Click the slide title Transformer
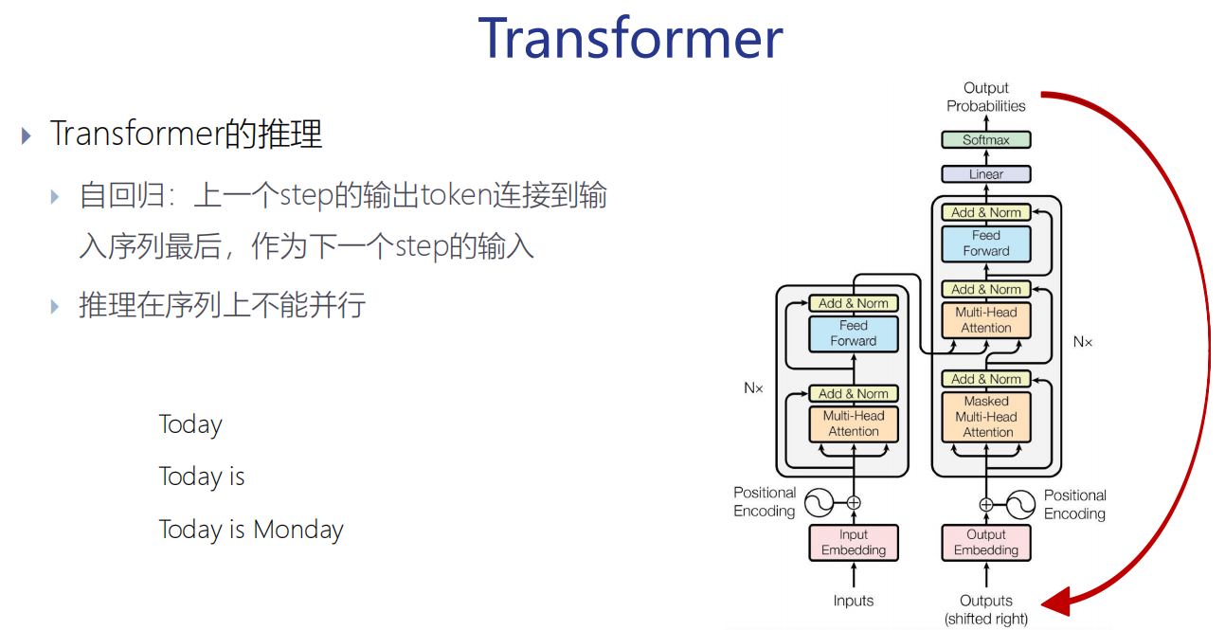tap(630, 38)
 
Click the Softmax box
tap(985, 140)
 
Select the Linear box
tap(985, 174)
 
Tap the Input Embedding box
tap(854, 543)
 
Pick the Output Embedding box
tap(985, 543)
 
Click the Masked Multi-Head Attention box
tap(985, 417)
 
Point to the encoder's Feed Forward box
tap(854, 333)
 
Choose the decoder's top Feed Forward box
tap(985, 243)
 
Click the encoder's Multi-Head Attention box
tap(854, 423)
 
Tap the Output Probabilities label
tap(985, 97)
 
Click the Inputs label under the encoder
tap(854, 601)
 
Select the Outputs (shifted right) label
tap(985, 609)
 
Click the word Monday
tap(298, 530)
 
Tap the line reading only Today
tap(190, 424)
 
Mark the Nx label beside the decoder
tap(1082, 341)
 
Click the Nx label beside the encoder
tap(753, 387)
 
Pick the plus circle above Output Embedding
tap(985, 504)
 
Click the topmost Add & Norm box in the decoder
tap(985, 212)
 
